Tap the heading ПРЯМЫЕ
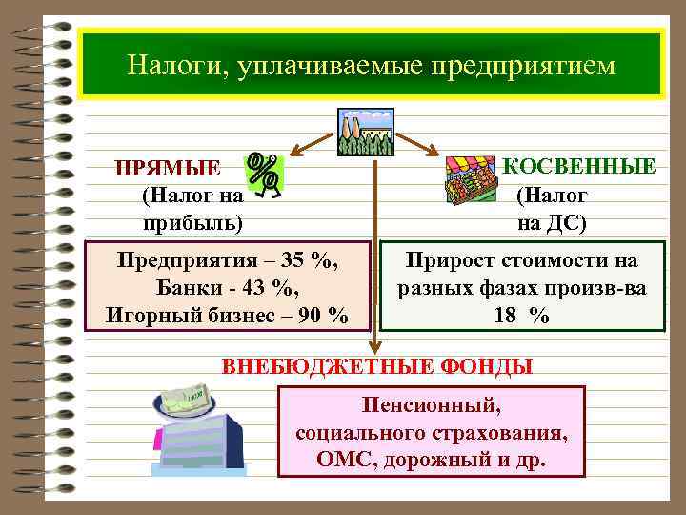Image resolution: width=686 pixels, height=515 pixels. (168, 170)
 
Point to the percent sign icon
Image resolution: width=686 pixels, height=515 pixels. (264, 174)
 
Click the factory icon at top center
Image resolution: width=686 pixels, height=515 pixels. (364, 131)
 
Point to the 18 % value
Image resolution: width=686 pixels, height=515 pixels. (521, 316)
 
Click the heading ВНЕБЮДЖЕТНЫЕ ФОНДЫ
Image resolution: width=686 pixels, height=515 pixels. (377, 366)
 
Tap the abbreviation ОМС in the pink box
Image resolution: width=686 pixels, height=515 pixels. (345, 459)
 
